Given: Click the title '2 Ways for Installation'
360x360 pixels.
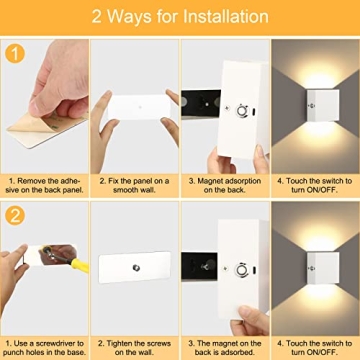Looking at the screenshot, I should [x=180, y=17].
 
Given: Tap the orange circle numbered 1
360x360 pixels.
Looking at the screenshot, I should [x=15, y=54].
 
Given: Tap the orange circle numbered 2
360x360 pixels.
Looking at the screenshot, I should [x=15, y=215].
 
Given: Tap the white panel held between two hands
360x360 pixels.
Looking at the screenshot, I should [x=135, y=104].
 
